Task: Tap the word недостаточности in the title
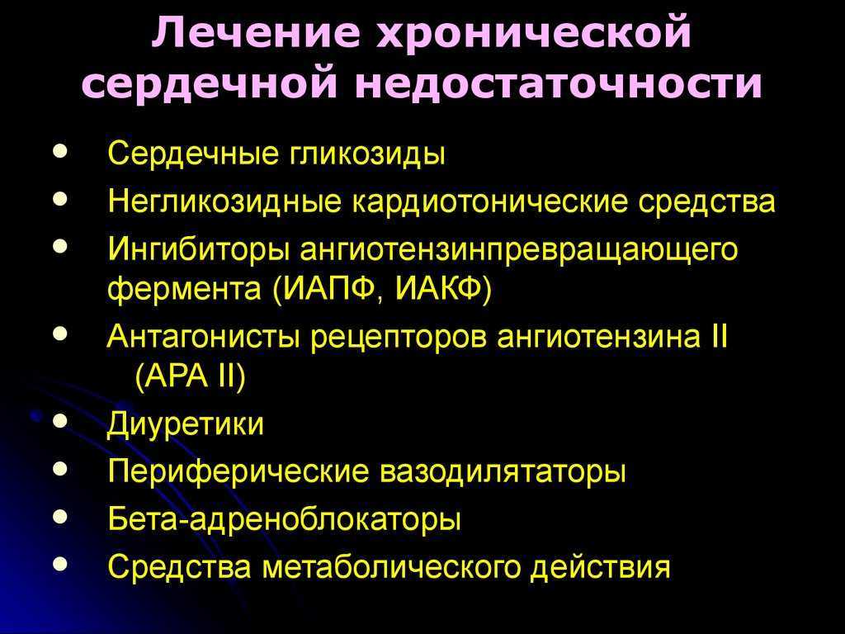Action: coord(558,85)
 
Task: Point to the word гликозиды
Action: coord(369,154)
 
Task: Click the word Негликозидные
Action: coord(224,201)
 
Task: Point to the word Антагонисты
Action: coord(203,337)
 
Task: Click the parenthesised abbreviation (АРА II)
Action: coord(191,376)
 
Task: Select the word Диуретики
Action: coord(186,425)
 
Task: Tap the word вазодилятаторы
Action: coord(503,471)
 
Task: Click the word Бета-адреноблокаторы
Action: coord(284,518)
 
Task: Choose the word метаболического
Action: coord(391,567)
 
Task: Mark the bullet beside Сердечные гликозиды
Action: coord(60,150)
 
